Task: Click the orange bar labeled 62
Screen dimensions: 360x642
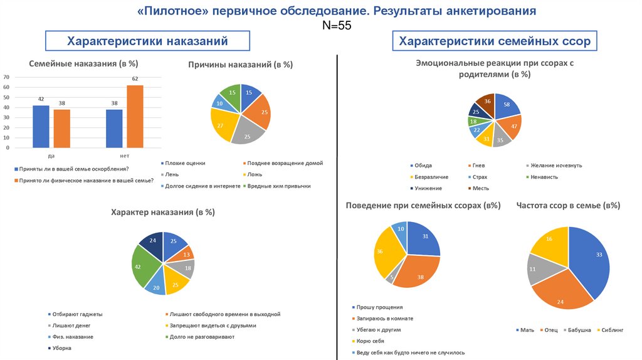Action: click(x=135, y=116)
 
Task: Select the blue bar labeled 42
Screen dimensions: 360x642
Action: click(x=41, y=126)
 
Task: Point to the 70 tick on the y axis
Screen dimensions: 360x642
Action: click(x=6, y=77)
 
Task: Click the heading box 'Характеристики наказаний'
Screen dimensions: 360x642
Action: click(x=147, y=41)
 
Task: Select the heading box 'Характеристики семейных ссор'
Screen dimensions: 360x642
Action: click(x=495, y=41)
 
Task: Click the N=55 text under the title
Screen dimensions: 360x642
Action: click(x=337, y=26)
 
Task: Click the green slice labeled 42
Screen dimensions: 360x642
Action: click(x=146, y=267)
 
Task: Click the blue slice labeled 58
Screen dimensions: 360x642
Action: click(x=507, y=107)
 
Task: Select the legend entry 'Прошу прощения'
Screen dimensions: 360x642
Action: click(x=379, y=307)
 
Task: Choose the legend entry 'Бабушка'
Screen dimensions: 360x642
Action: click(x=578, y=330)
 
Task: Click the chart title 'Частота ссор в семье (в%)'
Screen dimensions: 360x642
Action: click(x=568, y=205)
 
